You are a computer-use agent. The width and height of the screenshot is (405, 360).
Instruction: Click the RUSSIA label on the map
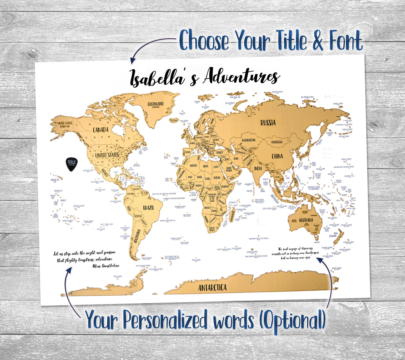pyautogui.click(x=268, y=123)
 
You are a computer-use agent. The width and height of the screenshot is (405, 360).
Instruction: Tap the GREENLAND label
pyautogui.click(x=156, y=104)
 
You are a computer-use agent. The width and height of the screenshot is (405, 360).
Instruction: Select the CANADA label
pyautogui.click(x=101, y=130)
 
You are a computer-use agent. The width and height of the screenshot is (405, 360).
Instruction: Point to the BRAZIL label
pyautogui.click(x=149, y=208)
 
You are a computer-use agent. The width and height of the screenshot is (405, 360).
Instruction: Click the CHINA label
pyautogui.click(x=277, y=156)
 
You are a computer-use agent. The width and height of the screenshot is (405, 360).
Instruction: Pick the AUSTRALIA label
pyautogui.click(x=306, y=220)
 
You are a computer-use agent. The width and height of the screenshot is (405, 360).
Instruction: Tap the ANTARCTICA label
pyautogui.click(x=212, y=288)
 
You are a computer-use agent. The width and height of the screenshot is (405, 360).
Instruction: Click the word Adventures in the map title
pyautogui.click(x=242, y=76)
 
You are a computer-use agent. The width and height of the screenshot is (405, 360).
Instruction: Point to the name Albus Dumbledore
pyautogui.click(x=105, y=266)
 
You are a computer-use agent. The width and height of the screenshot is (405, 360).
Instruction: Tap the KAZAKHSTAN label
pyautogui.click(x=249, y=140)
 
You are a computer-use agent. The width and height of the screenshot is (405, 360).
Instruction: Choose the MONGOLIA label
pyautogui.click(x=277, y=142)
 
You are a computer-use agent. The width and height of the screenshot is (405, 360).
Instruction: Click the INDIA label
pyautogui.click(x=258, y=168)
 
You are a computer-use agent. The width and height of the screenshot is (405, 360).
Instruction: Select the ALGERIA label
pyautogui.click(x=193, y=166)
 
